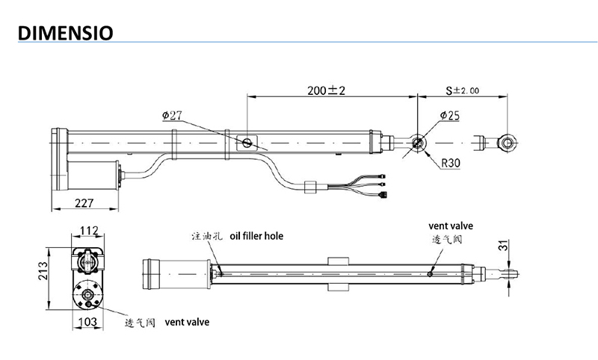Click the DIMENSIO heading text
[64, 34]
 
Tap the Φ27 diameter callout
[171, 116]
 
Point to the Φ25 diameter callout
[450, 116]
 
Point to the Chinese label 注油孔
[206, 236]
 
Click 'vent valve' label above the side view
[451, 225]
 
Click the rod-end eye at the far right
[508, 140]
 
